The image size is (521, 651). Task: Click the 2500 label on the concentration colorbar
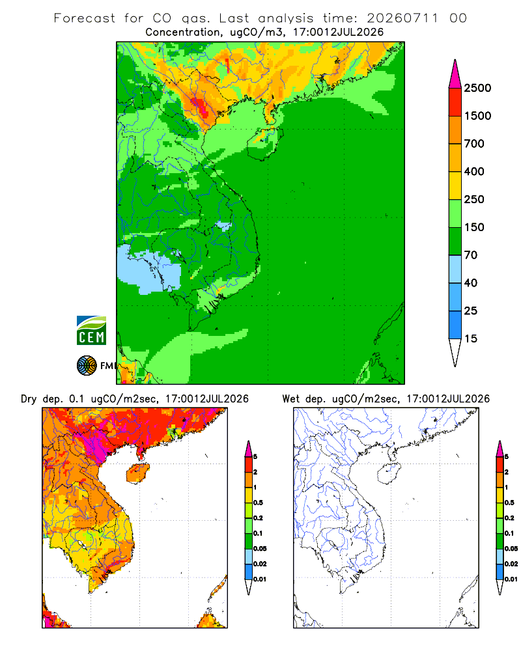pos(477,88)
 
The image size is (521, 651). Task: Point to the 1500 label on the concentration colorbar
pos(477,116)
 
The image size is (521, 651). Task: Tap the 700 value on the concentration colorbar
pos(474,144)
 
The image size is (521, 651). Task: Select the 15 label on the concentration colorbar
pos(471,339)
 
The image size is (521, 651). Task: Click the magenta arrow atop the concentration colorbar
pos(455,75)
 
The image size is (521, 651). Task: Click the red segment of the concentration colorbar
pos(455,102)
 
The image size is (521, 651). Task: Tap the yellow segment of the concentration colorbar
pos(455,186)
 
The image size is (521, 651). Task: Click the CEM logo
pos(91,331)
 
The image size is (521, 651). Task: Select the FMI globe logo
pos(87,366)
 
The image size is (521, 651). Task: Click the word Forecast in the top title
pos(85,18)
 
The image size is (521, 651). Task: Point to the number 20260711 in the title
pos(402,18)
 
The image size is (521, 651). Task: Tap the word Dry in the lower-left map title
pos(29,399)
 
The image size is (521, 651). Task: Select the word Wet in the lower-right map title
pos(291,399)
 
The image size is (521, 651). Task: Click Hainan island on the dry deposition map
pos(138,474)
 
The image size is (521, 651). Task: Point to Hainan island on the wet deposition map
pos(389,474)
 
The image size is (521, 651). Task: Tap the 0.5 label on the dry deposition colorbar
pos(258,503)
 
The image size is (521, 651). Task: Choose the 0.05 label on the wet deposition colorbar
pos(511,549)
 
